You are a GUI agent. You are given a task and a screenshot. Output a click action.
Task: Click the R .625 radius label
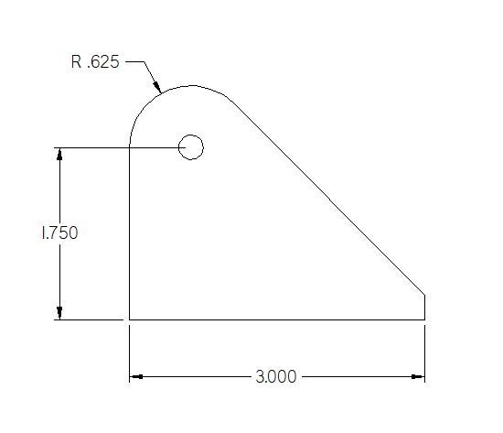pos(94,63)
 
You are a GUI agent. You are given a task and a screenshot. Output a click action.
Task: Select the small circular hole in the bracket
pos(190,146)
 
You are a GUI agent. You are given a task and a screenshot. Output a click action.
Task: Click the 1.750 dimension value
pos(59,233)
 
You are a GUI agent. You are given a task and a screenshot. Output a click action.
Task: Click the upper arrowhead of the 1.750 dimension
pos(60,154)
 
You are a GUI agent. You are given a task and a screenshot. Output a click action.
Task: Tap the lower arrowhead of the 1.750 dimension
pos(60,312)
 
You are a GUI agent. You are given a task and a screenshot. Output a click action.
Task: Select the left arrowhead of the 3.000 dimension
pos(136,376)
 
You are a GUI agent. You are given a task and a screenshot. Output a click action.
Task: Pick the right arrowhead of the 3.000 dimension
pos(418,376)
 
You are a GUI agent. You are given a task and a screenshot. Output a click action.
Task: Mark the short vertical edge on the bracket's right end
pos(425,307)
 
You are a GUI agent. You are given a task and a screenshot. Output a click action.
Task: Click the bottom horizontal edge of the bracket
pos(274,319)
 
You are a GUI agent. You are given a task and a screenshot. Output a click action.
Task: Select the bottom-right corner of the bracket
pos(425,319)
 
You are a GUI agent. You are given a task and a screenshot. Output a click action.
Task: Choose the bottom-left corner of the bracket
pos(129,319)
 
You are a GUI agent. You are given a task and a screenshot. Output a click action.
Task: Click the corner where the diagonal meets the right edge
pos(425,293)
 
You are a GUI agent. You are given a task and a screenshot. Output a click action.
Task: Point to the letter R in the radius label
pos(76,63)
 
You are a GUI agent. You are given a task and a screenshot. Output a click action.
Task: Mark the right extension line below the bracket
pos(425,352)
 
